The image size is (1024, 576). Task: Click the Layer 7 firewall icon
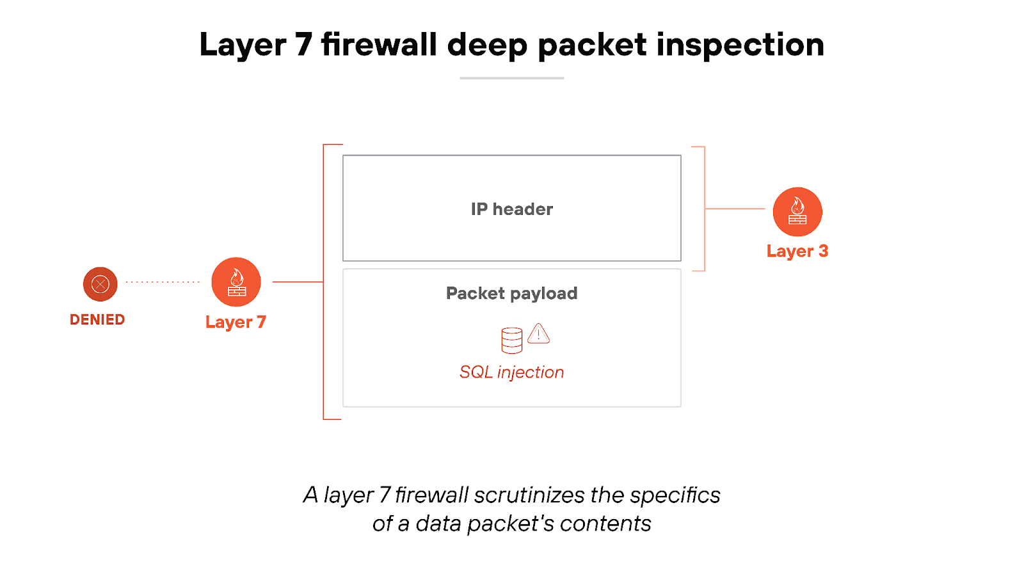point(236,282)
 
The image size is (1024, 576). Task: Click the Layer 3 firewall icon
point(797,212)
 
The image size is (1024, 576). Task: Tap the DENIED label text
point(97,319)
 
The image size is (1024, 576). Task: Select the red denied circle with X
point(100,284)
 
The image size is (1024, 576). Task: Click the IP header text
point(511,209)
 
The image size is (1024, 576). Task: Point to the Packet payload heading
point(511,293)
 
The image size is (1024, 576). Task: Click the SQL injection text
point(511,372)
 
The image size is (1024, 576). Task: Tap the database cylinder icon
point(511,340)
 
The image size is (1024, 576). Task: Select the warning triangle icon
point(539,333)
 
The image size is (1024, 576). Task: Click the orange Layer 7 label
point(236,322)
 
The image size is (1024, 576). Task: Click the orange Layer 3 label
point(797,251)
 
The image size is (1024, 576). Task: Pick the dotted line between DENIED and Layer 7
point(163,282)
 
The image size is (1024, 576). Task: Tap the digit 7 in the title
point(303,45)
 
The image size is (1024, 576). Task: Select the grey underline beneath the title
point(511,78)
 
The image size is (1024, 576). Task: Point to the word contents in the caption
point(605,524)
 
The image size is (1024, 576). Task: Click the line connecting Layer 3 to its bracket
point(735,209)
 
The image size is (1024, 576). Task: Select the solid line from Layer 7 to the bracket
point(298,282)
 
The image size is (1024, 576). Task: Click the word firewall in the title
point(379,45)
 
